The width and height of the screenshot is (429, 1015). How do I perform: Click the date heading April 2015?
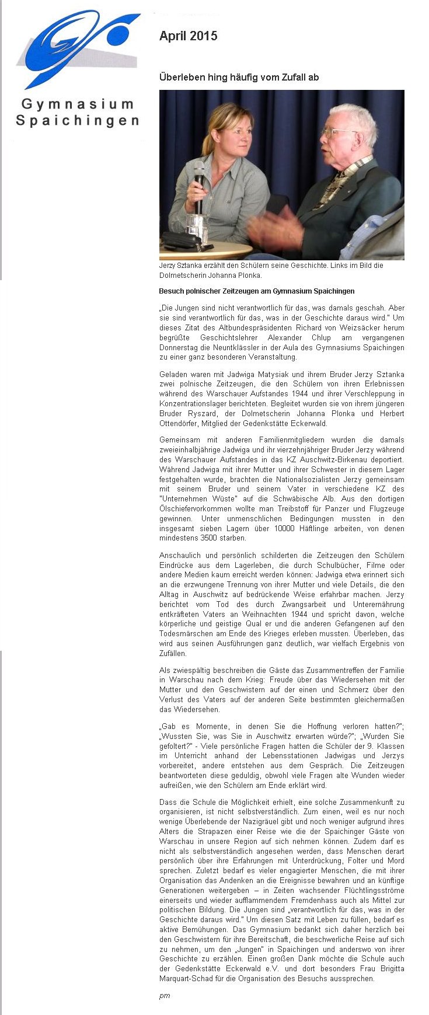(x=188, y=36)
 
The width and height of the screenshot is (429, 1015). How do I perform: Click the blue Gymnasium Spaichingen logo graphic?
(x=79, y=47)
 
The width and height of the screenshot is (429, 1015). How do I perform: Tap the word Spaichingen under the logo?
(x=78, y=121)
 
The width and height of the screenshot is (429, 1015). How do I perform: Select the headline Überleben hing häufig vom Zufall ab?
(x=239, y=77)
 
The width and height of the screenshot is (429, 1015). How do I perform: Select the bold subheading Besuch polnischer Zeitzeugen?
(x=256, y=291)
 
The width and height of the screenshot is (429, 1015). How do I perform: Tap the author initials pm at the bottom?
(x=165, y=996)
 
